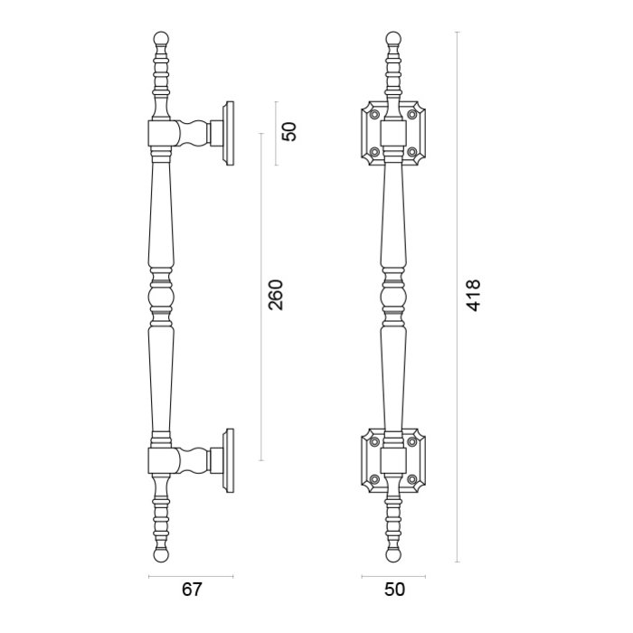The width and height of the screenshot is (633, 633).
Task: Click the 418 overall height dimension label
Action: tap(473, 296)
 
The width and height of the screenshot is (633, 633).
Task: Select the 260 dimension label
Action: tap(277, 296)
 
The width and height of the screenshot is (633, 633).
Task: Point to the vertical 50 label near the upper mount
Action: tap(289, 131)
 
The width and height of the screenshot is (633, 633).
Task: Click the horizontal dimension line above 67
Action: tap(191, 576)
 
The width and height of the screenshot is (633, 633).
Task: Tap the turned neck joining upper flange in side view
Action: tap(193, 134)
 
